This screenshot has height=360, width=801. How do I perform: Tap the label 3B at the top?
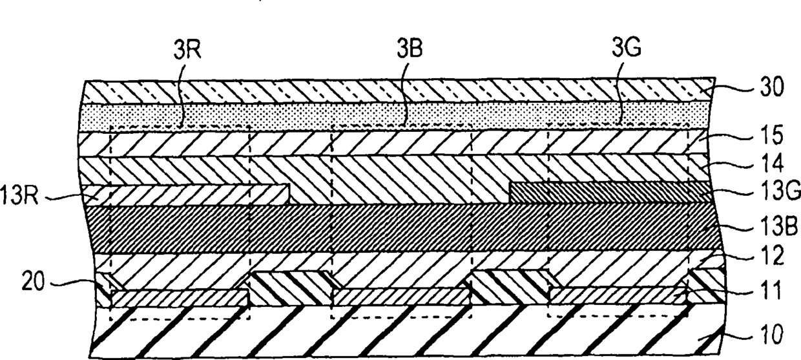[x=410, y=48]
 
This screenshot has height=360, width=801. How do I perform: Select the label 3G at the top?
[x=627, y=47]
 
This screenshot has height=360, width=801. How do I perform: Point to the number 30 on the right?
[x=772, y=87]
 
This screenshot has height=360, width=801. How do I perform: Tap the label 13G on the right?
[x=780, y=192]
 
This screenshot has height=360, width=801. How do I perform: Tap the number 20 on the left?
[x=34, y=282]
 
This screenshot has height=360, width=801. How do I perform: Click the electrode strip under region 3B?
[x=401, y=297]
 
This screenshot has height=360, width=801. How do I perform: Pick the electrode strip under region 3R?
[x=180, y=299]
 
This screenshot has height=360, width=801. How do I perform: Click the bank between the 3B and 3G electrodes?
[x=510, y=286]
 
